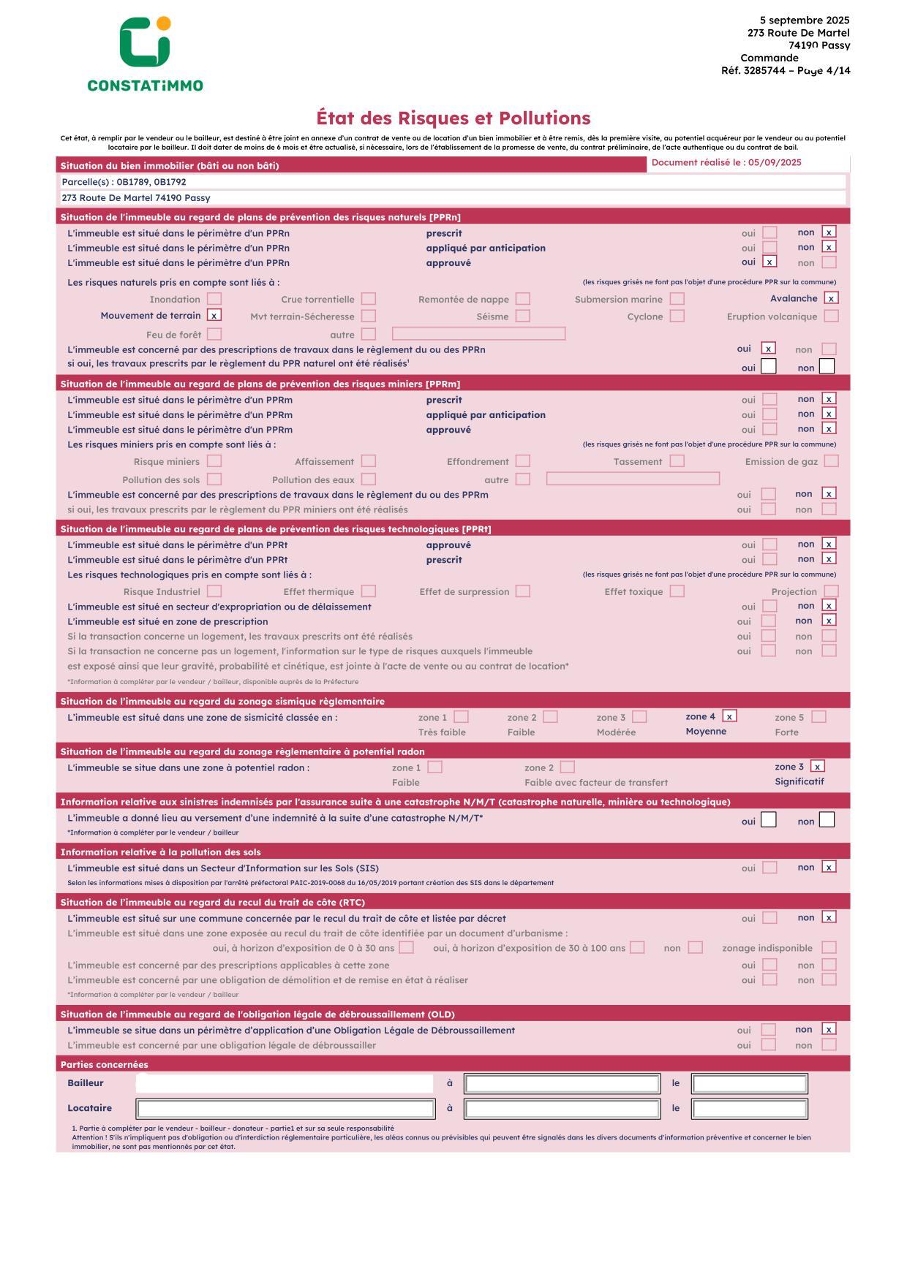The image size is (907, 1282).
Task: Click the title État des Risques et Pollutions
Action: pyautogui.click(x=453, y=118)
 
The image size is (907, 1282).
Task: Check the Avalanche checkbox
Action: pyautogui.click(x=831, y=298)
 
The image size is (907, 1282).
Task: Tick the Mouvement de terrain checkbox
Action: pyautogui.click(x=214, y=316)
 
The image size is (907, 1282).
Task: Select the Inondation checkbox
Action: pyautogui.click(x=214, y=299)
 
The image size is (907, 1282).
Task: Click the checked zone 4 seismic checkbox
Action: pyautogui.click(x=729, y=716)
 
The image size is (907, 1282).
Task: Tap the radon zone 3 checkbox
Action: pyautogui.click(x=818, y=767)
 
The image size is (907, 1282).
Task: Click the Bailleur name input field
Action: pyautogui.click(x=285, y=1083)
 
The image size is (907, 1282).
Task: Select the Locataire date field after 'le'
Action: pyautogui.click(x=750, y=1109)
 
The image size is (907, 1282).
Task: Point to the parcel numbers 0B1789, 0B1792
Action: pyautogui.click(x=151, y=182)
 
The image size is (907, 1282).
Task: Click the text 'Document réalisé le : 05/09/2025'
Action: pyautogui.click(x=726, y=163)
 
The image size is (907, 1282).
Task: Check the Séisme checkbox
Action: pyautogui.click(x=522, y=316)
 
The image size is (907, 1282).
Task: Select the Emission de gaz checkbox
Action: pyautogui.click(x=831, y=461)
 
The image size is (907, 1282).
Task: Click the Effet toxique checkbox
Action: pyautogui.click(x=677, y=591)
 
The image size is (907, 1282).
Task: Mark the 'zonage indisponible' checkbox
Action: pyautogui.click(x=829, y=948)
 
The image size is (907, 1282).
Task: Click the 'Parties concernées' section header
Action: pyautogui.click(x=104, y=1065)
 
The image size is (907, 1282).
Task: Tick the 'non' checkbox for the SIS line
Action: pyautogui.click(x=829, y=868)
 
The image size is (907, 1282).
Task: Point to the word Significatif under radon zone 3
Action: pyautogui.click(x=799, y=782)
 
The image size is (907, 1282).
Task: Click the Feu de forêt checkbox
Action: pyautogui.click(x=214, y=334)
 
